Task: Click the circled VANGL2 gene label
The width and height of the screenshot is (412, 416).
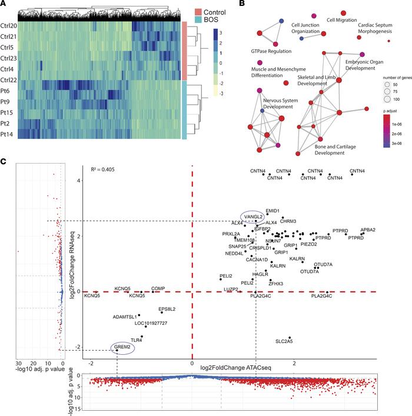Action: [x=253, y=217]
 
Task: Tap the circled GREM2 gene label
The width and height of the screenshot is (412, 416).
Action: [x=122, y=349]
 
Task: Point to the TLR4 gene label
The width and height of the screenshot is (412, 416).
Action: [x=137, y=340]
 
